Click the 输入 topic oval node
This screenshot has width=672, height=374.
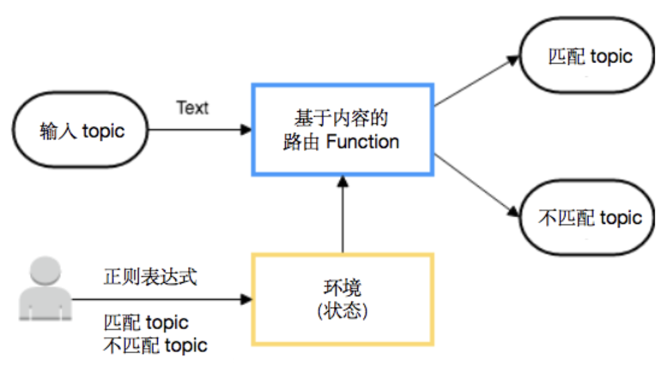point(80,129)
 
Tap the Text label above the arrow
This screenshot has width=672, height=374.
point(192,108)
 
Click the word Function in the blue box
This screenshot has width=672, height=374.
point(363,141)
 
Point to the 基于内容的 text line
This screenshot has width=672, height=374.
point(341,118)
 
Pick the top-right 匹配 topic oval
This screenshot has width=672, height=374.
point(587,55)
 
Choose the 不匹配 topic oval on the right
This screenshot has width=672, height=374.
point(587,218)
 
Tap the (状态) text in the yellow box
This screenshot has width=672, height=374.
point(343,311)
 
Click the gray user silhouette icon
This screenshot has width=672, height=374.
point(45,289)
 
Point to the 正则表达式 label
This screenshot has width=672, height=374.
point(151,277)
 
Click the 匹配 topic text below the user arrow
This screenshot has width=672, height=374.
point(146,323)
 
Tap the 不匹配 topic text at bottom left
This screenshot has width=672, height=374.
point(155,346)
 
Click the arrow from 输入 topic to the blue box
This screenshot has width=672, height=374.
point(199,129)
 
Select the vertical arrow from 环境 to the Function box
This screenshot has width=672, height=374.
point(343,214)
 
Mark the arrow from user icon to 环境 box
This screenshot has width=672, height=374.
point(162,300)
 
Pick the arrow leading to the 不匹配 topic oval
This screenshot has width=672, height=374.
point(477,185)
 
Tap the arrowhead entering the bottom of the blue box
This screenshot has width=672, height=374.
point(343,181)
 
